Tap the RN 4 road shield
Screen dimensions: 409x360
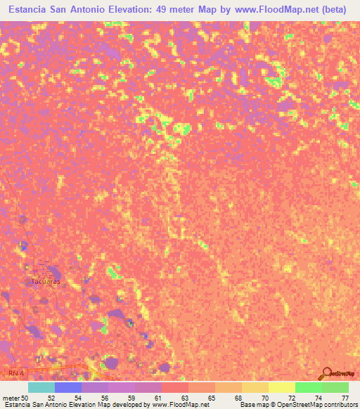pos(11,370)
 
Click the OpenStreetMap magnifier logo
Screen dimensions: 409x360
pos(326,373)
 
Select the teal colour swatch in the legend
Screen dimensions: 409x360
pos(41,387)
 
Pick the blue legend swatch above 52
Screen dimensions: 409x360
pos(68,387)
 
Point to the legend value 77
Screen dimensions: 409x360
pos(345,398)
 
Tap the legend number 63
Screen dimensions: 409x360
pos(185,398)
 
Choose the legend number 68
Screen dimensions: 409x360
pos(238,398)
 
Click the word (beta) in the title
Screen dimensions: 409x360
pos(335,8)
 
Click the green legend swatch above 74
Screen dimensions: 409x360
pos(309,387)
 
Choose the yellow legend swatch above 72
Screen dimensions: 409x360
pos(282,387)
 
